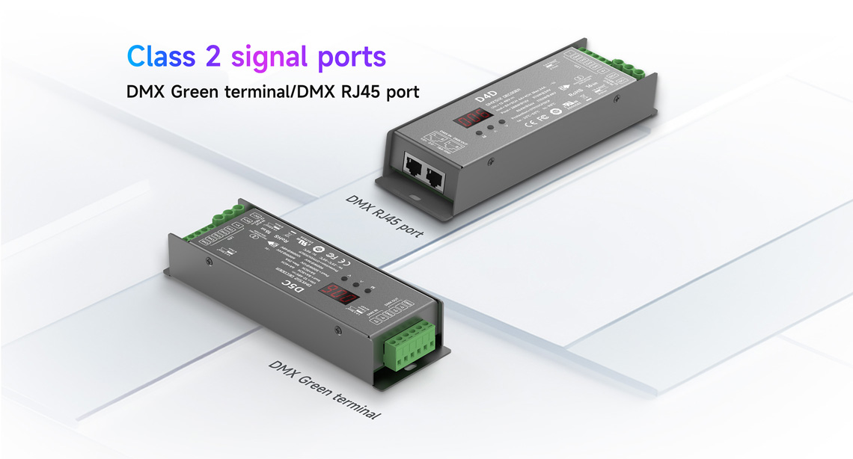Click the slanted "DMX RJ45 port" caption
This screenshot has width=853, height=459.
384,215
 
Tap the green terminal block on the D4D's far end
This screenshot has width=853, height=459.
624,66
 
